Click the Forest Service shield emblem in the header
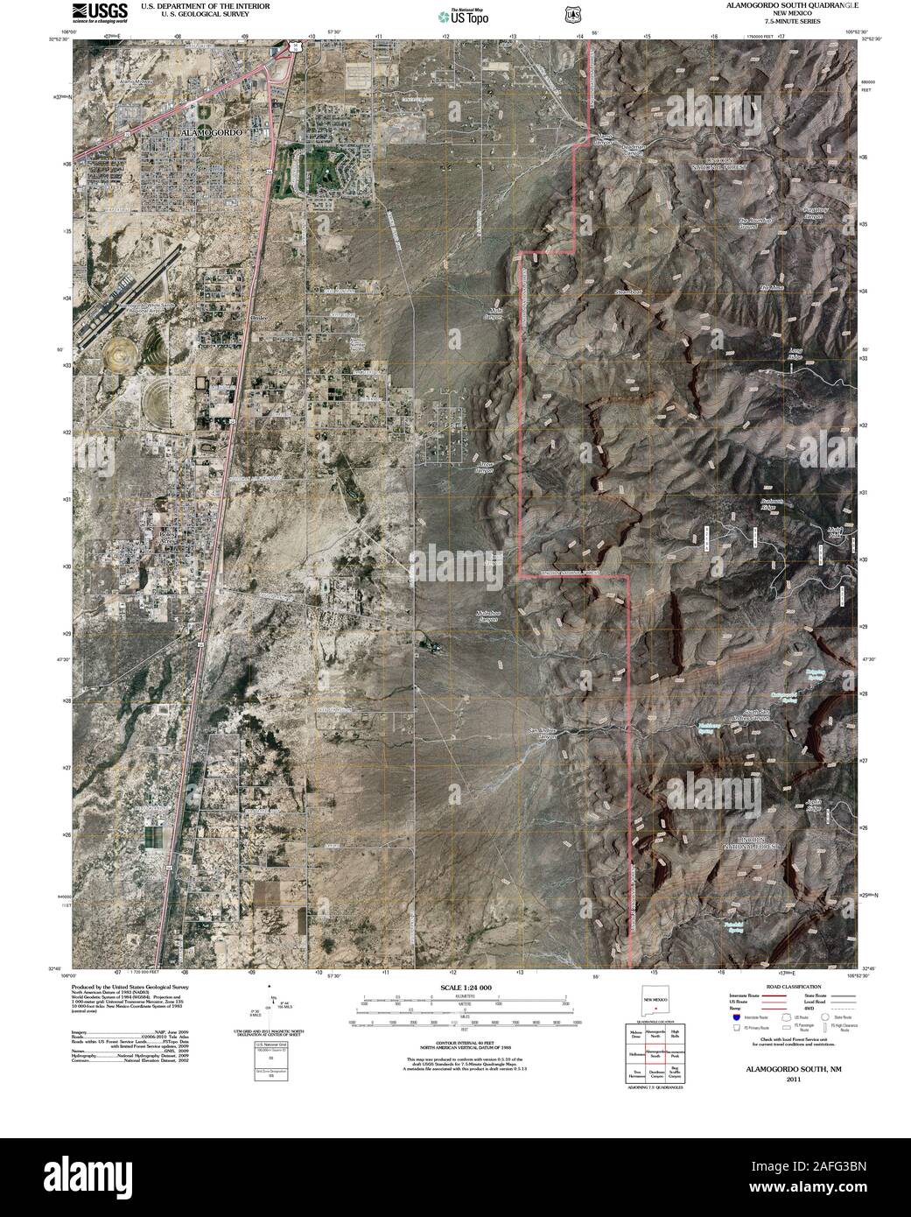(571, 13)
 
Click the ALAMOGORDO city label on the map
(211, 131)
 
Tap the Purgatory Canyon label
(813, 213)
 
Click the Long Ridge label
(795, 353)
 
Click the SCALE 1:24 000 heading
(467, 987)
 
